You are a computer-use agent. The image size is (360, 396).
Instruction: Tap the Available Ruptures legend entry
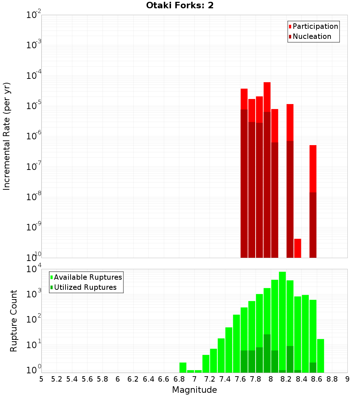(x=87, y=277)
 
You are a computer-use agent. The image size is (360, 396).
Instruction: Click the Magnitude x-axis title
(x=194, y=390)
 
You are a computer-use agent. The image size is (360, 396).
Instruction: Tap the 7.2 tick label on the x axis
(x=210, y=379)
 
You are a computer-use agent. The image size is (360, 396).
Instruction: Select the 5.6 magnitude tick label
(x=87, y=379)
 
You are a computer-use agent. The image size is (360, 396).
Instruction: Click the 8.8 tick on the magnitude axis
(x=332, y=379)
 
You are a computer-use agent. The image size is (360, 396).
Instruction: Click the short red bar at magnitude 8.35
(x=297, y=248)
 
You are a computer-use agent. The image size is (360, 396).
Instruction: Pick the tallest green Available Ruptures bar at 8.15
(x=282, y=320)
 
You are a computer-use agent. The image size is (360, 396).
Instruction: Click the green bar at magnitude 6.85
(x=183, y=367)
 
